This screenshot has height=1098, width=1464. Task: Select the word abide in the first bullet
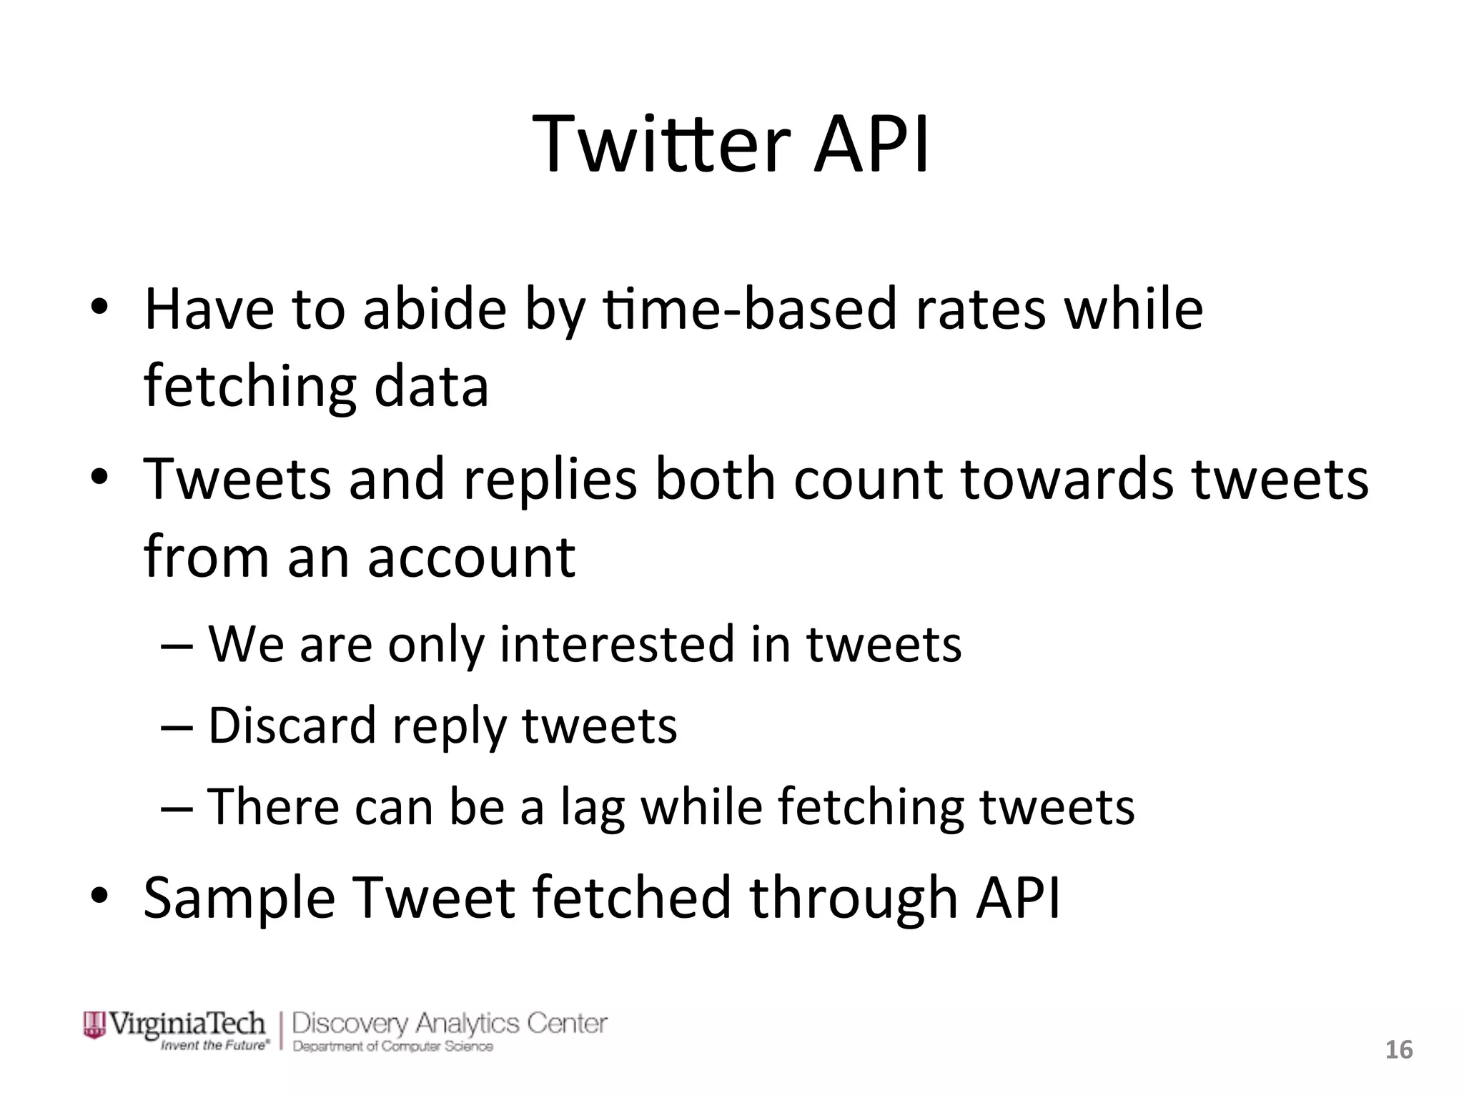(x=435, y=310)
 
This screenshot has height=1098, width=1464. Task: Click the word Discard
(x=292, y=726)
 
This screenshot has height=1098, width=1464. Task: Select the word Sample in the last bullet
(x=239, y=899)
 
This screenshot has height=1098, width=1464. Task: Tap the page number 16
(x=1399, y=1050)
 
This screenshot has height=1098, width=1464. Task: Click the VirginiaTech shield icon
(x=94, y=1024)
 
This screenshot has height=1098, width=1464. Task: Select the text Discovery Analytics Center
(x=450, y=1024)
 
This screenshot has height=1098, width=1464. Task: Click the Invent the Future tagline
(x=215, y=1046)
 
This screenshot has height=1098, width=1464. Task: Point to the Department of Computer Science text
(x=392, y=1047)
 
